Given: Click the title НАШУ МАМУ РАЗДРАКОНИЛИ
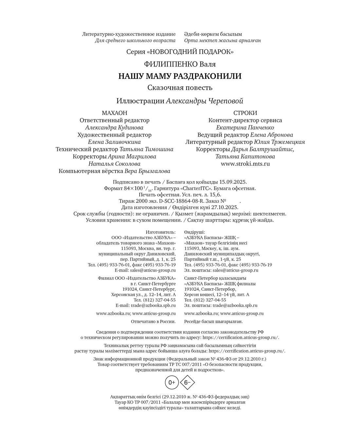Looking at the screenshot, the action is coord(180,76).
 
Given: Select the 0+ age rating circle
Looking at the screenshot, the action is coord(172,382).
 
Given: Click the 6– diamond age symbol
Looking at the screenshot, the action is coord(188,382).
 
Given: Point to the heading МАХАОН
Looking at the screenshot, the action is coord(114,113).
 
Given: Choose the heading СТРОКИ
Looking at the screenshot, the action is coord(245,113).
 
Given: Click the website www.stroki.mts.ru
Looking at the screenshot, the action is coord(245,164).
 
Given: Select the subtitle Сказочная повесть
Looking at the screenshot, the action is coord(180,88).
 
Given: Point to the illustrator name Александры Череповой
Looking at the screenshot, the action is coord(205,101).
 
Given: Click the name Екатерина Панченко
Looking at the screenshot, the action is coord(245,127).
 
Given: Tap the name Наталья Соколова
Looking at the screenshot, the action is coord(114,164).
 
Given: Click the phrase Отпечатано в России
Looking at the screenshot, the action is coord(153,321).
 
